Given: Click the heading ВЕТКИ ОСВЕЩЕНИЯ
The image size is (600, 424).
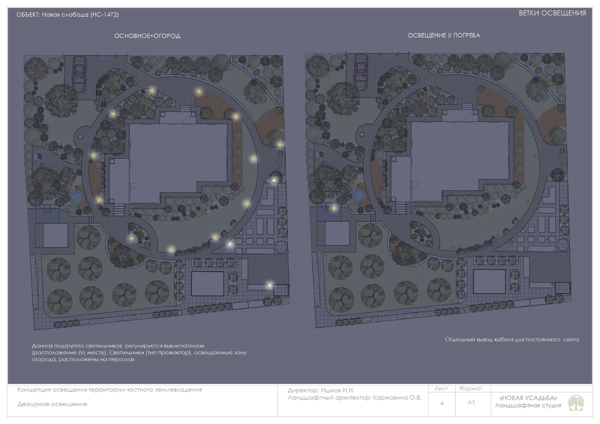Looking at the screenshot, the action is coord(552,13).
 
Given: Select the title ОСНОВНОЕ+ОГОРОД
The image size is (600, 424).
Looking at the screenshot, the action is coord(147,36).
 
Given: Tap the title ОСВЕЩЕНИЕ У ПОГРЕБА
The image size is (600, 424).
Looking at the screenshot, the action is coord(444,35).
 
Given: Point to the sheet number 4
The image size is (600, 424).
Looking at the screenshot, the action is coord(442,403).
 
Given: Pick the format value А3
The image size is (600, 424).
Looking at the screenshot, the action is coord(471,402).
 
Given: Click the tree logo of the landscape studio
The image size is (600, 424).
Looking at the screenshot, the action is coord(576,403).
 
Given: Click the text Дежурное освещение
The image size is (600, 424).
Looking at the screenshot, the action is coord(52,404).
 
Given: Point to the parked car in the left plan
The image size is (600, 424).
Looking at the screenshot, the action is coord(79,74).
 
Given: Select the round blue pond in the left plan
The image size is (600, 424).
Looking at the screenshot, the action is coord(77,198).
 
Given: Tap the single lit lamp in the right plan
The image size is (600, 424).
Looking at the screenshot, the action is coord(334,209).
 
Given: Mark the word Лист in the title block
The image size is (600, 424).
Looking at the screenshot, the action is coord(441,389).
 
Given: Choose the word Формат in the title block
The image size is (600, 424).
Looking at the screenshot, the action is coord(471,389).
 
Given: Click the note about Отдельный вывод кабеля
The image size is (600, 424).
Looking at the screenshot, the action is coord(512,340).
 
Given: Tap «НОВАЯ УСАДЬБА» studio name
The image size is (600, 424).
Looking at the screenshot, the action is coord(528,398).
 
